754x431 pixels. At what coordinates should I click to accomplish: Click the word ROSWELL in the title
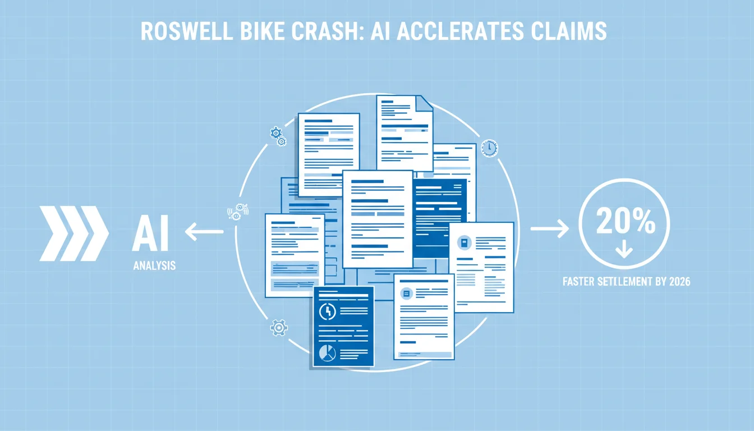[x=186, y=31]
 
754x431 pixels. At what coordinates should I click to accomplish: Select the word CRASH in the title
[x=327, y=31]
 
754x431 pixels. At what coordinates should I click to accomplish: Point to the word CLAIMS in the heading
[x=569, y=31]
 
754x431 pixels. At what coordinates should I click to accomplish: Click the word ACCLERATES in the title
[x=460, y=31]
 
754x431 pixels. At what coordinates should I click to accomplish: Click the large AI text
[x=150, y=233]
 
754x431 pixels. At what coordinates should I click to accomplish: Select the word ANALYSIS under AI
[x=154, y=265]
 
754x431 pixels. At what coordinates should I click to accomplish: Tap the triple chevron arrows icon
[x=74, y=233]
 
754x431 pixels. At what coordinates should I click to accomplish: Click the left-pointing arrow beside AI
[x=204, y=231]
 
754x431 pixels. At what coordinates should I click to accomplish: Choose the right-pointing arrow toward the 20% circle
[x=550, y=228]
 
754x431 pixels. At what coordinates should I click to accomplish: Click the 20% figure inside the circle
[x=626, y=221]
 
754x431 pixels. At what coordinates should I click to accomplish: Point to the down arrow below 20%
[x=624, y=249]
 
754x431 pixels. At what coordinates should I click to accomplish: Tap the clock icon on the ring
[x=489, y=148]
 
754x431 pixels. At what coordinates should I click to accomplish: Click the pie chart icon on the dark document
[x=327, y=353]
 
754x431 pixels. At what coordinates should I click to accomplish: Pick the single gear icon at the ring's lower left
[x=279, y=328]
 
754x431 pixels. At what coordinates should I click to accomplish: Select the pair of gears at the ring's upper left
[x=278, y=136]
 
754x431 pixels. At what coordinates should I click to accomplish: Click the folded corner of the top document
[x=425, y=103]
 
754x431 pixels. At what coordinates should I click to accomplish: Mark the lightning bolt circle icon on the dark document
[x=327, y=312]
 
